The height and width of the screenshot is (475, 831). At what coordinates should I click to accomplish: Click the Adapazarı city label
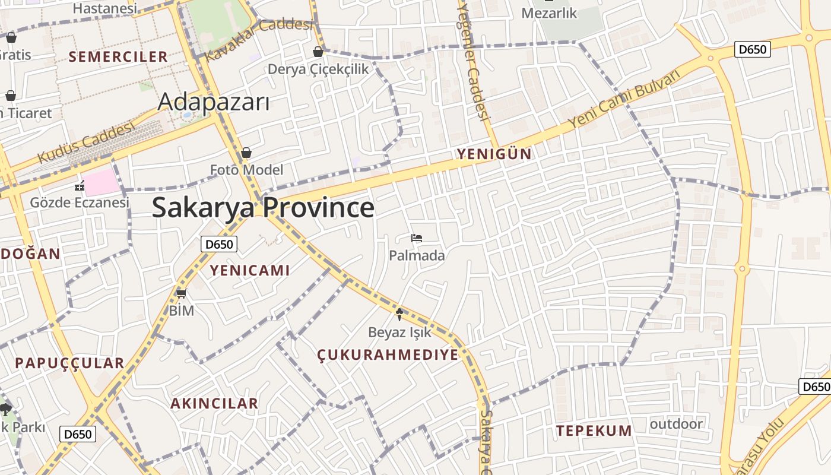(x=214, y=103)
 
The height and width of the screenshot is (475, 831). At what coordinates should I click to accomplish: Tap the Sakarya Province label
(x=263, y=208)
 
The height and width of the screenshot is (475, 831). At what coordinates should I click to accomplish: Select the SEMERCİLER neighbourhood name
(x=119, y=57)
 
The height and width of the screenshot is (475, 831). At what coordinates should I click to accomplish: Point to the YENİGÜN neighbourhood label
(x=494, y=154)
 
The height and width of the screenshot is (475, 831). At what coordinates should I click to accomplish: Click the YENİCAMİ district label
(x=250, y=271)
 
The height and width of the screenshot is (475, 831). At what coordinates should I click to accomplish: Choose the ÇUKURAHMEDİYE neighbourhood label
(x=388, y=355)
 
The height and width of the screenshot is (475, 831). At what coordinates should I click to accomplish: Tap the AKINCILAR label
(x=214, y=404)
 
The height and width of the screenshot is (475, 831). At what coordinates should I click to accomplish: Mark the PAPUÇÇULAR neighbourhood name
(x=69, y=363)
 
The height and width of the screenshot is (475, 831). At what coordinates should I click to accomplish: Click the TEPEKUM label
(x=594, y=431)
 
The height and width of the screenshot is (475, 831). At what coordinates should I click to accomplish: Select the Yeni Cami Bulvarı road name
(x=623, y=99)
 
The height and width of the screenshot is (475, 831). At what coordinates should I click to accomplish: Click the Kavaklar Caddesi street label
(x=259, y=39)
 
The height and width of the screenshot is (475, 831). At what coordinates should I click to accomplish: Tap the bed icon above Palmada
(x=417, y=239)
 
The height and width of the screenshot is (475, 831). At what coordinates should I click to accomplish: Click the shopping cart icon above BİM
(x=182, y=293)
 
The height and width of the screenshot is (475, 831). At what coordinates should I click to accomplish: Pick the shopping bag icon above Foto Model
(x=246, y=153)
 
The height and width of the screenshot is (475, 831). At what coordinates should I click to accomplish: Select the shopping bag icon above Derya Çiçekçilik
(x=318, y=52)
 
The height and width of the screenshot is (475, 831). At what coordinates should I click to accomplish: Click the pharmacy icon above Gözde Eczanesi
(x=80, y=186)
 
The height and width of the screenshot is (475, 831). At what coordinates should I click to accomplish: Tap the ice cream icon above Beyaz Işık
(x=399, y=314)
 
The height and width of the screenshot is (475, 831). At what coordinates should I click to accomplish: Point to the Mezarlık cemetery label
(x=549, y=13)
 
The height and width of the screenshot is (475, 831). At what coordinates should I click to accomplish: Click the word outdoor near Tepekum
(x=676, y=424)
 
